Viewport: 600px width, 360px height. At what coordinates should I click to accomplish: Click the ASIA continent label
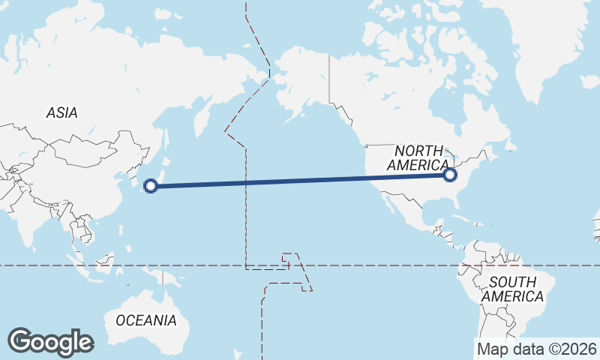pos(61,112)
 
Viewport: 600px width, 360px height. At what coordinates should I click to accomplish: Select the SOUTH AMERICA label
pos(513,289)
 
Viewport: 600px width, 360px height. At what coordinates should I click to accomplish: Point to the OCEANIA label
pos(146,320)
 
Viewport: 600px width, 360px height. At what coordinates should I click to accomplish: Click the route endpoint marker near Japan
pos(150,186)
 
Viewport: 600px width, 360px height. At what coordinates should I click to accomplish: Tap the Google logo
pos(50,342)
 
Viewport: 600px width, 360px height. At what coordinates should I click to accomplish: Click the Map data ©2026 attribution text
pos(537,349)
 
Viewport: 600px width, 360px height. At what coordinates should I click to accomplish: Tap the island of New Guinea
pos(169,277)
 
